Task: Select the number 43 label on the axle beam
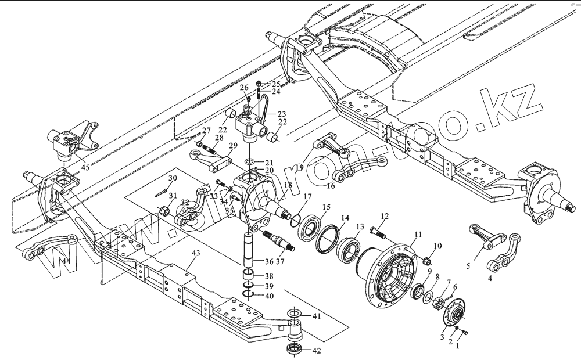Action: click(x=196, y=254)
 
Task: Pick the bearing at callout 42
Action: click(x=295, y=348)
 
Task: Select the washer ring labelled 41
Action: click(x=293, y=315)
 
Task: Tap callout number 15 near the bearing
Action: click(x=327, y=207)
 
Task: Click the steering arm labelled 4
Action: click(x=501, y=261)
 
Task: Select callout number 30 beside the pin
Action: click(x=173, y=178)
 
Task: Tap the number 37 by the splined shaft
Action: click(x=281, y=260)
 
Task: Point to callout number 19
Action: click(x=300, y=167)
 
